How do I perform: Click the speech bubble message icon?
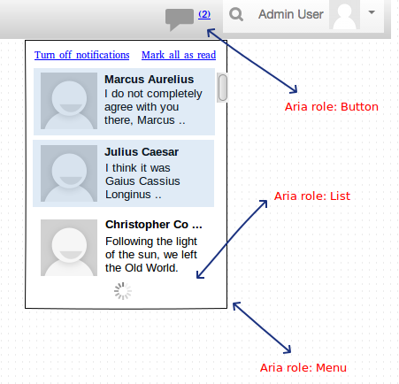(179, 19)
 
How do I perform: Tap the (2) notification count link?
(204, 14)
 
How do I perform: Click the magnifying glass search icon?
(236, 14)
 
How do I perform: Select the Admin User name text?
(291, 14)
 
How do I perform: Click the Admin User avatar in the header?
(344, 15)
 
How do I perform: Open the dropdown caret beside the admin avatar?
(372, 12)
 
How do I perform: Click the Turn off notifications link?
(82, 55)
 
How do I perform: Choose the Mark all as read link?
(179, 55)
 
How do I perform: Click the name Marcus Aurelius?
(150, 80)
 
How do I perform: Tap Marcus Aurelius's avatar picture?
(69, 101)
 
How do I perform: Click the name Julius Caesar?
(142, 152)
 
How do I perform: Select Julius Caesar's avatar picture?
(69, 173)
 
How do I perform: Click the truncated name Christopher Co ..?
(154, 225)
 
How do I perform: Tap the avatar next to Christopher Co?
(69, 248)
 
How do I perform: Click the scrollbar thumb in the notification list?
(223, 88)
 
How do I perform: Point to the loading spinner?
(123, 291)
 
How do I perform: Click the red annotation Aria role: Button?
(332, 107)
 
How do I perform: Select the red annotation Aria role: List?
(312, 196)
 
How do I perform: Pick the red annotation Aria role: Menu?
(303, 368)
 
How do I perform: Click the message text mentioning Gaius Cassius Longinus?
(142, 181)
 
